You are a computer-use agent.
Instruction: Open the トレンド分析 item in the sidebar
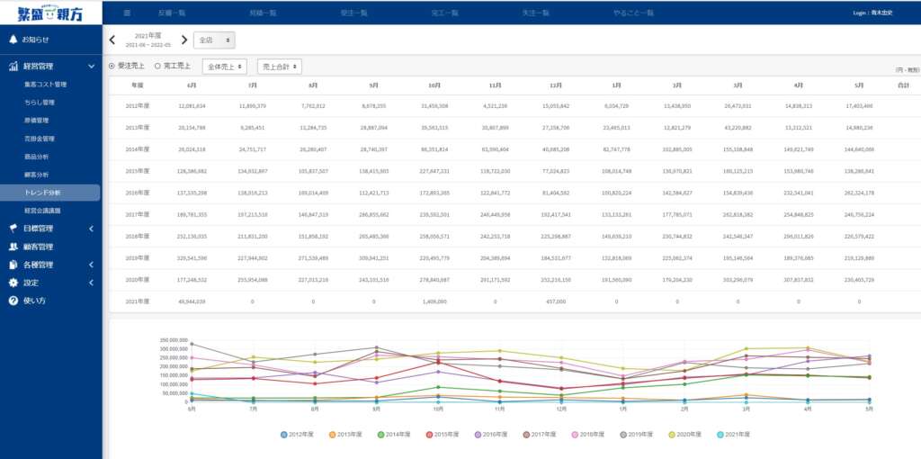(x=43, y=192)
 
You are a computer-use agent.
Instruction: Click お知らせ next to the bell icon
(x=35, y=40)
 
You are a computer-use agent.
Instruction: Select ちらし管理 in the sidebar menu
(x=40, y=103)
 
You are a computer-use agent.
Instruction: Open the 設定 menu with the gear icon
(x=31, y=283)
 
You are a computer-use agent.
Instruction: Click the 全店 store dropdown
(x=215, y=40)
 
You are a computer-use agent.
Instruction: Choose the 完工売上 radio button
(x=174, y=66)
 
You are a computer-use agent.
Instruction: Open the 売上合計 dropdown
(x=279, y=67)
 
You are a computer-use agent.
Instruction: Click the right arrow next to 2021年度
(x=184, y=40)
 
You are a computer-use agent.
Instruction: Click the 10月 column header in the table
(x=434, y=85)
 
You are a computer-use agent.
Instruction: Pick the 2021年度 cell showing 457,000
(x=555, y=301)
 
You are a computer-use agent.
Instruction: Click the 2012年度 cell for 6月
(x=192, y=105)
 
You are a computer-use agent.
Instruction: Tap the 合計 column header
(x=904, y=85)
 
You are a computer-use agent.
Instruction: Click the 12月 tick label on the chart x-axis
(x=560, y=409)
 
